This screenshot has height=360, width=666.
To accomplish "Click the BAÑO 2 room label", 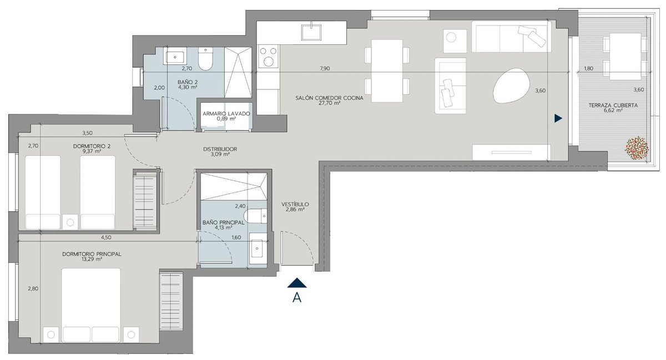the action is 188,82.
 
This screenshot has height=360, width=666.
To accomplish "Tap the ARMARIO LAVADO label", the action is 226,114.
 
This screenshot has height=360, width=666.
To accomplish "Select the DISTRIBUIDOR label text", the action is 220,149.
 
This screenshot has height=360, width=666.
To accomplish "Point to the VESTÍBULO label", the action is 295,205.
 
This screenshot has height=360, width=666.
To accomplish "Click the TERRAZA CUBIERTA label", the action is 613,105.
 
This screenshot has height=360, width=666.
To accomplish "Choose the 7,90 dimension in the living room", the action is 325,69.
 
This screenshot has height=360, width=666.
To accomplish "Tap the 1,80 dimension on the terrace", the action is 588,69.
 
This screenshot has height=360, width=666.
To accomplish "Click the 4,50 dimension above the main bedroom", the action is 106,237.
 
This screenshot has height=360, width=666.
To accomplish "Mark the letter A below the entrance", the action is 297,297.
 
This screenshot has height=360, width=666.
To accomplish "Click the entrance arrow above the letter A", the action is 297,283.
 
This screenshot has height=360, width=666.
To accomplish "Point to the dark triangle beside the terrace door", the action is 558,119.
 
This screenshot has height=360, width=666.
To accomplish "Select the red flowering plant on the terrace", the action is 637,148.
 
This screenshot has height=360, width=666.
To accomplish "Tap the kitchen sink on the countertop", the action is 311,32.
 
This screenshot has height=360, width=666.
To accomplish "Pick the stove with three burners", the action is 269,56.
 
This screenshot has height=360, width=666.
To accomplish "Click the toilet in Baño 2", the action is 205,59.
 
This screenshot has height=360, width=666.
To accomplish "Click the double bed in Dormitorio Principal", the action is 91,306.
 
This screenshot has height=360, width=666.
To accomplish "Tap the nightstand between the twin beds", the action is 70,222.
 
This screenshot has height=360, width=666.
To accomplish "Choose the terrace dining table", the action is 625,57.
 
